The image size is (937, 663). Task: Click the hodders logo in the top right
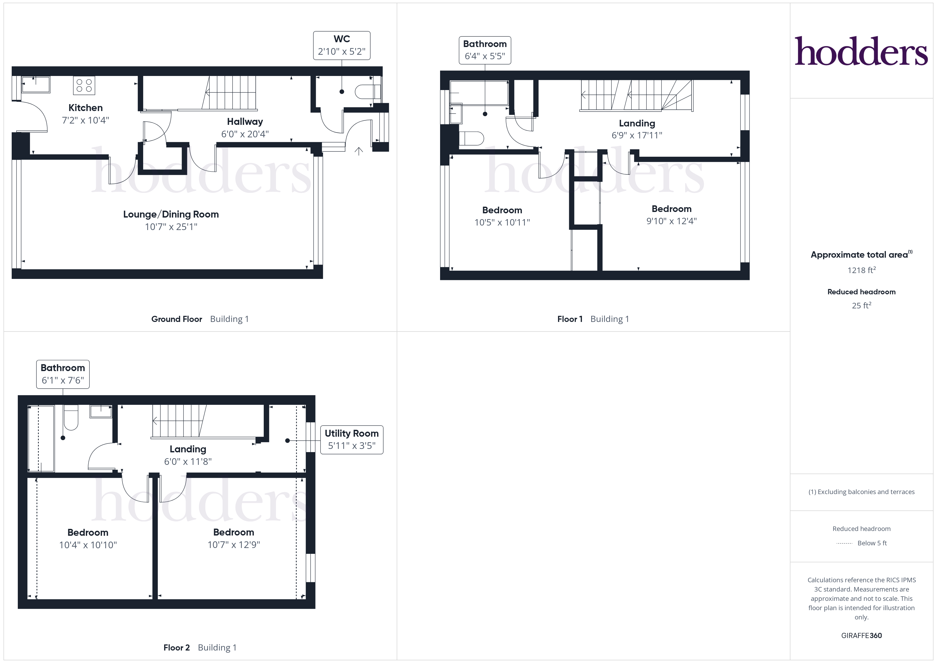861,52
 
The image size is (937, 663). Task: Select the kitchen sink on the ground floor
36,84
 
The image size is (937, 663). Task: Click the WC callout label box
342,45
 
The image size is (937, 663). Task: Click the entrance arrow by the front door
359,151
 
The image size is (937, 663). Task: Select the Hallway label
245,122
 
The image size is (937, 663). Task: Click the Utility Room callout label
351,439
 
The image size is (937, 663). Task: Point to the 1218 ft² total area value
861,270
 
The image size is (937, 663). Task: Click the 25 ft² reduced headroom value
861,305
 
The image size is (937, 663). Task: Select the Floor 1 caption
570,319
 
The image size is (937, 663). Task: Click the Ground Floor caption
177,319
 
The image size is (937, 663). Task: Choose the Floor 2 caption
176,648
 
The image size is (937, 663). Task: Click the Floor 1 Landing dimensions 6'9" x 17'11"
637,135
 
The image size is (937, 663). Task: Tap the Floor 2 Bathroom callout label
63,374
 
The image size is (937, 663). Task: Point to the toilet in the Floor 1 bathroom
472,138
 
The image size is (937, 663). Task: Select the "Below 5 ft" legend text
872,543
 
